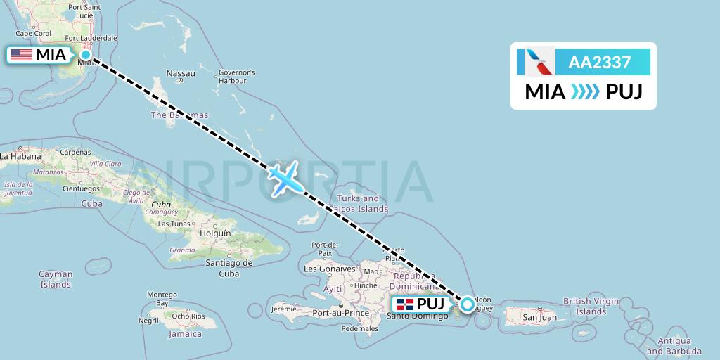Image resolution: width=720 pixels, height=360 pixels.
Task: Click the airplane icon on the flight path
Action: [286, 177]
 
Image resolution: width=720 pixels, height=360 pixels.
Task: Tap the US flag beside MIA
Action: [21, 54]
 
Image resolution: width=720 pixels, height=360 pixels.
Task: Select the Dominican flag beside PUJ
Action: [404, 304]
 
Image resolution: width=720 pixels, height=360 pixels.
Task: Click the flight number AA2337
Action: [599, 63]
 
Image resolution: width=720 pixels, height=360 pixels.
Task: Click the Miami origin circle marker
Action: [86, 54]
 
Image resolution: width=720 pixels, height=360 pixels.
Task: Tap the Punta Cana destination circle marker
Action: [467, 304]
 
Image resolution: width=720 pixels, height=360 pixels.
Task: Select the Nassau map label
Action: [181, 73]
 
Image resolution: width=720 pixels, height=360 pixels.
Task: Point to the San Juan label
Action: [539, 318]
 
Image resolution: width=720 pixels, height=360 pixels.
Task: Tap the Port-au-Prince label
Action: [341, 313]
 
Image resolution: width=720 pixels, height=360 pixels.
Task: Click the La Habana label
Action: [19, 157]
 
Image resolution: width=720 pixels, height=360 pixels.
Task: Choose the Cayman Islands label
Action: [56, 279]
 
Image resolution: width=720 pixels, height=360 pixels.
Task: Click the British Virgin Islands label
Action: [591, 306]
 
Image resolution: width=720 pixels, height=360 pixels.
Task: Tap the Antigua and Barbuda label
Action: [674, 346]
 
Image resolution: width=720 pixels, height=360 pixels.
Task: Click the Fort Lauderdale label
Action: [91, 37]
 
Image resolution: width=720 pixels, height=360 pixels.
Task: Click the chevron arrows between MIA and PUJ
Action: [585, 92]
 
